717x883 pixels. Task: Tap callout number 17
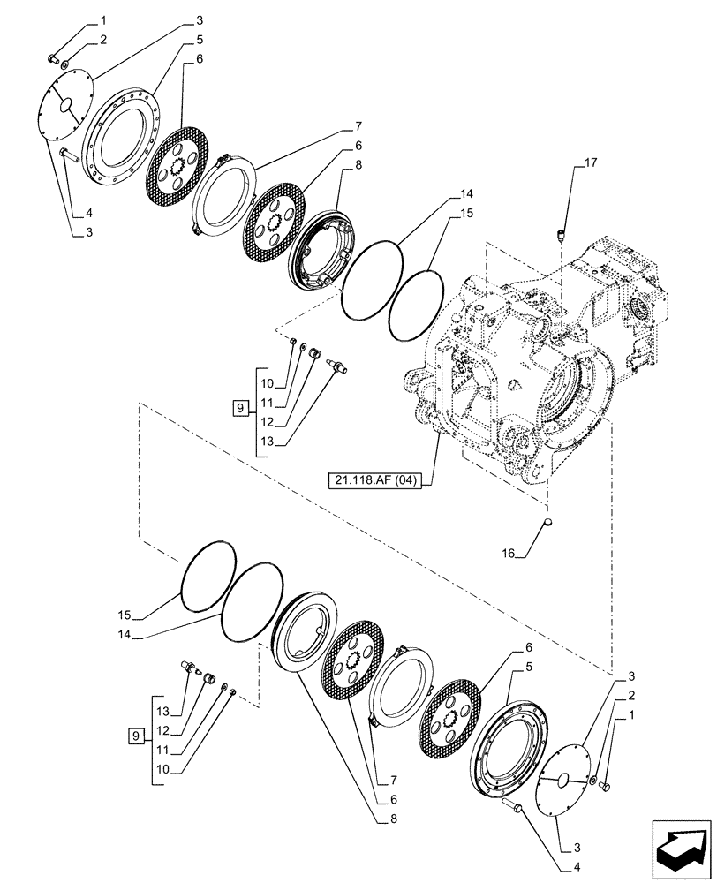coord(591,162)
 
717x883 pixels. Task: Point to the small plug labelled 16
coord(547,526)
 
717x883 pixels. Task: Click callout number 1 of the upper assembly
coord(103,19)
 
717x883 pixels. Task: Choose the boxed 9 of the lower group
coord(135,734)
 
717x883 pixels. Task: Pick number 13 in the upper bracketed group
coord(266,441)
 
